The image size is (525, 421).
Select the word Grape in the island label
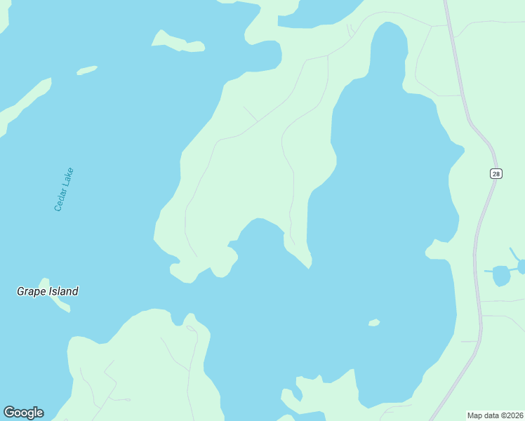(x=31, y=291)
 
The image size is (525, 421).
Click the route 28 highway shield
(x=496, y=173)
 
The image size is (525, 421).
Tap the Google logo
(x=23, y=413)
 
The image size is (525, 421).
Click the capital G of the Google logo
(x=8, y=413)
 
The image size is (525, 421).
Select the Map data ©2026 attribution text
(x=495, y=415)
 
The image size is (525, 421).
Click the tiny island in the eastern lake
(x=374, y=323)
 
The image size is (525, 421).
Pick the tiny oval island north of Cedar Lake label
(x=86, y=70)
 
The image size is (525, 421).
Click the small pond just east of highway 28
(x=501, y=275)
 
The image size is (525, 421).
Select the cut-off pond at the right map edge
(x=521, y=266)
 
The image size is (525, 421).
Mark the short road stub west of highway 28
(x=469, y=342)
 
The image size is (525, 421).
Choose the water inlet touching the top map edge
(x=319, y=13)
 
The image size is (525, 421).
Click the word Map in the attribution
(x=475, y=415)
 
